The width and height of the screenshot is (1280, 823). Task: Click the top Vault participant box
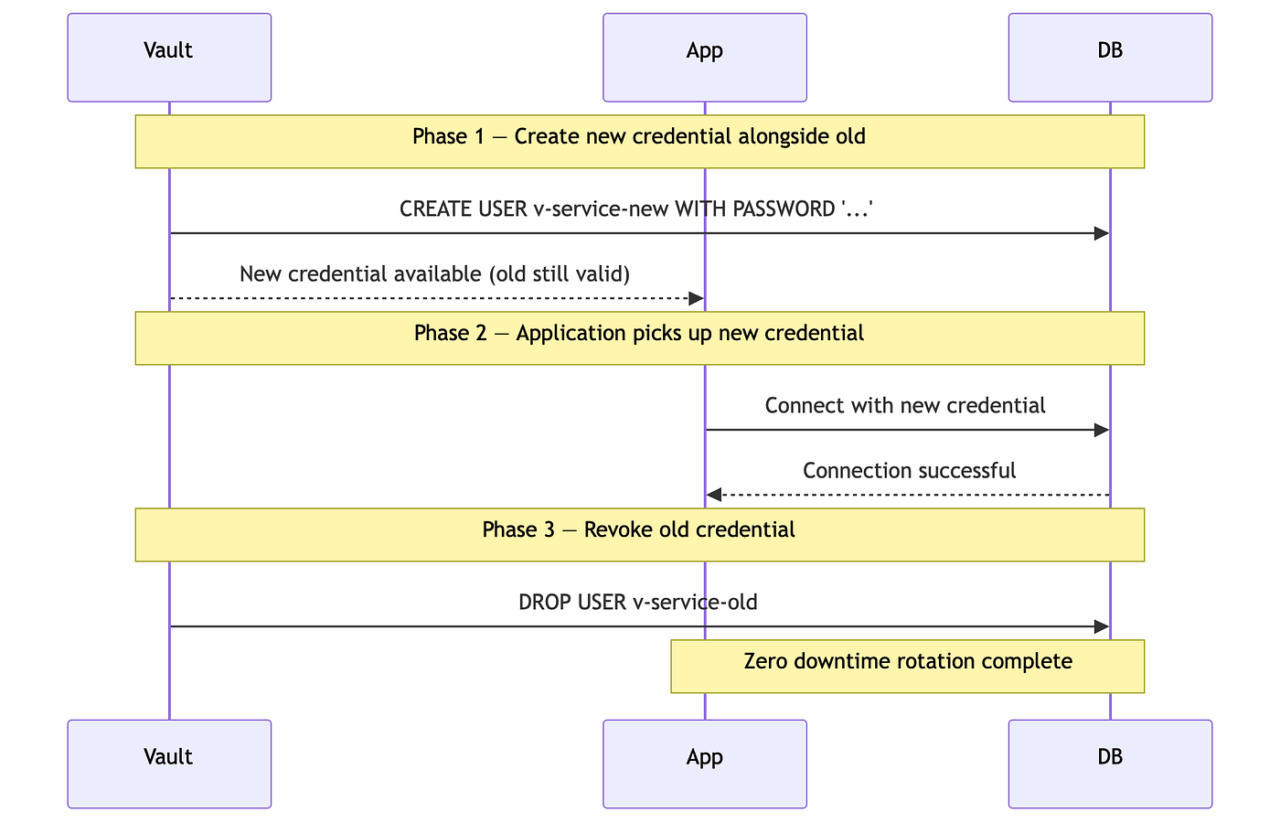pos(169,58)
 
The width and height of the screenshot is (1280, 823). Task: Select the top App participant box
pos(705,58)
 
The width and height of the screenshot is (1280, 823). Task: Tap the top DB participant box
pos(1110,58)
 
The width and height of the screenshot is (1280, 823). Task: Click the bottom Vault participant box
pos(169,764)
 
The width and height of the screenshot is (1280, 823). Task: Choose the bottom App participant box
pos(705,764)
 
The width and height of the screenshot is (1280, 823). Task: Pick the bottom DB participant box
pos(1110,764)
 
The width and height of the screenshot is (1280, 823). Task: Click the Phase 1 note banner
pos(640,142)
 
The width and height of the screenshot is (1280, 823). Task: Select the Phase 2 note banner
pos(640,338)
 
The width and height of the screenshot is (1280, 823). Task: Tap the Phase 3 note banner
pos(640,535)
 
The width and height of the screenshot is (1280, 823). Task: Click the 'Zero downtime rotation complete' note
pos(907,667)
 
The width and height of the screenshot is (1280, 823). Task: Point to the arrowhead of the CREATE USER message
pos(1102,233)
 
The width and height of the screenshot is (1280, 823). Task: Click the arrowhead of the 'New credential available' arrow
pos(696,298)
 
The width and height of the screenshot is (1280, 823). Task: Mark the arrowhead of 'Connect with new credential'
pos(1102,430)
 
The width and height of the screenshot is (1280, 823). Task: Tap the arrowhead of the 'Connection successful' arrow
pos(714,495)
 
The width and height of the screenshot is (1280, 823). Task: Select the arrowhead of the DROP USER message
pos(1102,626)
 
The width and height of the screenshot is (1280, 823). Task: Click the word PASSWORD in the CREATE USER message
pos(784,209)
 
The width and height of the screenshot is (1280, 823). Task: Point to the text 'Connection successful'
pos(909,471)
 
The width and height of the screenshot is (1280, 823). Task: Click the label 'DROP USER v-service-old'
pos(638,603)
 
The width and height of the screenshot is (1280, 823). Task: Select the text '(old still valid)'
pos(560,274)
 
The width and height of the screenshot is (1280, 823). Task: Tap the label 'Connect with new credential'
pos(905,406)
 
